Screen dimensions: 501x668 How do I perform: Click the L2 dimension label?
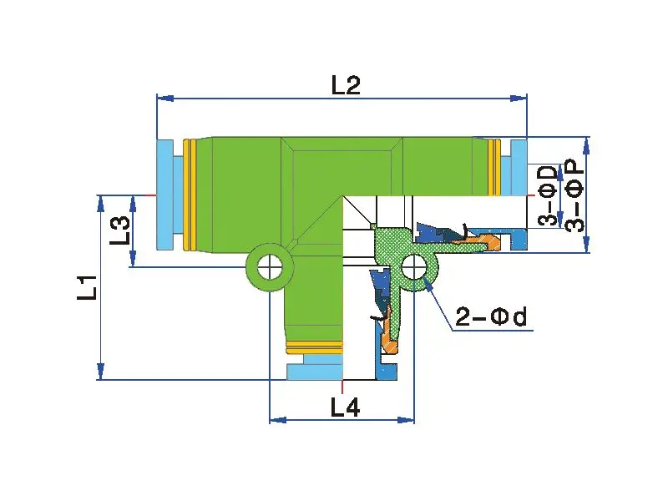[x=345, y=85]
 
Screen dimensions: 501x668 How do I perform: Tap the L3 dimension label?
[x=119, y=230]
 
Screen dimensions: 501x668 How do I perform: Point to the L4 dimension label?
[x=345, y=407]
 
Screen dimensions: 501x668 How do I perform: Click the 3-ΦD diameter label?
[x=548, y=195]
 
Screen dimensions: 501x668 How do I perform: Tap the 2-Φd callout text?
[x=493, y=317]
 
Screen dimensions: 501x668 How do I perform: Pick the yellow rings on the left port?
[x=190, y=195]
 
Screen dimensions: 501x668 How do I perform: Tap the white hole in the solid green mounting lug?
[x=269, y=268]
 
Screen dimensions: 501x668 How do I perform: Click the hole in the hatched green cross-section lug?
[x=414, y=268]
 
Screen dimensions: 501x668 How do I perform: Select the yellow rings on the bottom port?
[x=314, y=345]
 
